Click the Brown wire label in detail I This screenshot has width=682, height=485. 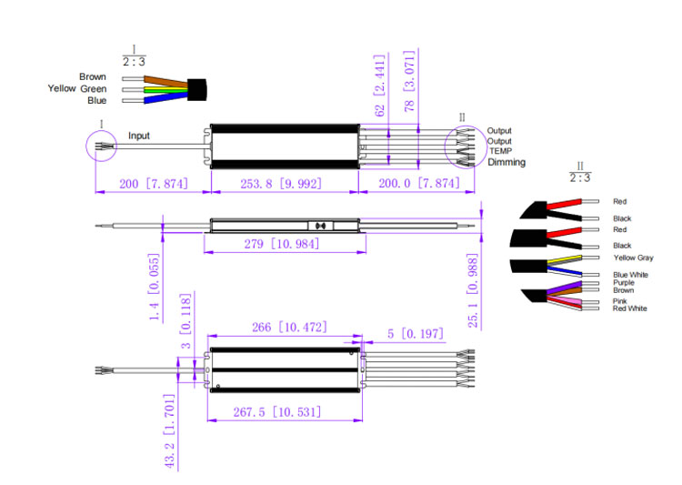pos(93,76)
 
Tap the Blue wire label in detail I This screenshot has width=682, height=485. pos(97,100)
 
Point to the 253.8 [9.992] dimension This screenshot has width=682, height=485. pos(284,184)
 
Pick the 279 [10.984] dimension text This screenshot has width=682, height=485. pos(284,245)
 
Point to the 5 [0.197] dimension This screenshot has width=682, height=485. pos(415,334)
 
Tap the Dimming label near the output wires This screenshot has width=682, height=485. pos(506,162)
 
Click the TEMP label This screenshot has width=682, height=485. pos(501,151)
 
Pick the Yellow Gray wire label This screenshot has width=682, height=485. pos(633,258)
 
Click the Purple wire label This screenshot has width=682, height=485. pos(623,283)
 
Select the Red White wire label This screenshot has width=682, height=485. pos(630,308)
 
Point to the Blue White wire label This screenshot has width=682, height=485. pos(630,274)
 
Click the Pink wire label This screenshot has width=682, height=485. pos(619,300)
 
